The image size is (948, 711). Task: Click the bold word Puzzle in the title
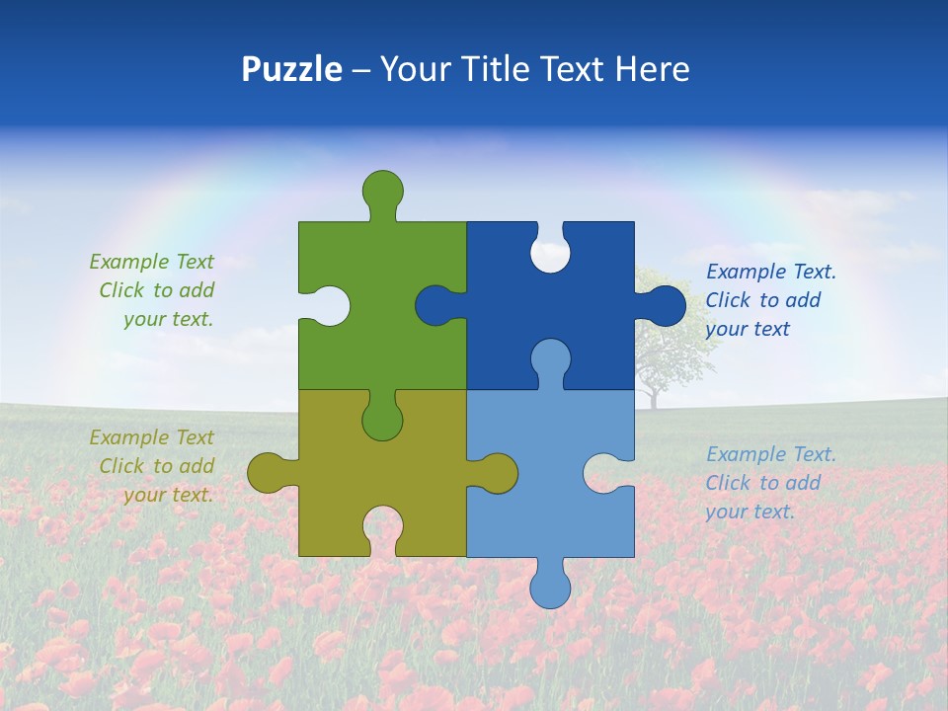pos(291,69)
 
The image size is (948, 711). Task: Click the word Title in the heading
pos(500,69)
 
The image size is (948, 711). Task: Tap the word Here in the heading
pos(652,69)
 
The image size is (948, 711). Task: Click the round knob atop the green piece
pos(382,189)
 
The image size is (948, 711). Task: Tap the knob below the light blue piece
pos(550,587)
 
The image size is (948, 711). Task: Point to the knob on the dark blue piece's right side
pos(666,305)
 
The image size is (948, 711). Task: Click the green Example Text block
pos(153,290)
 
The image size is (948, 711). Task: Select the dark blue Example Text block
pos(765,300)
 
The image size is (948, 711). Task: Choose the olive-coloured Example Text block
pos(153,466)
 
